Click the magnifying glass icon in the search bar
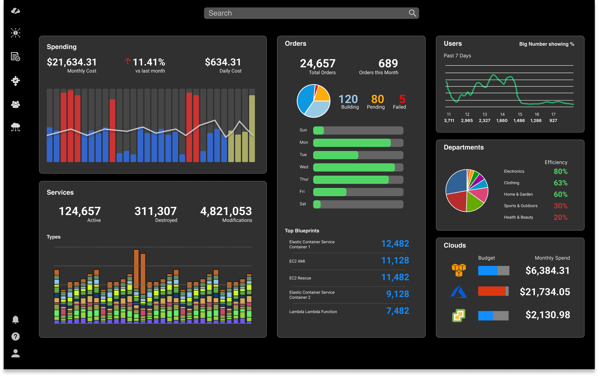click(412, 13)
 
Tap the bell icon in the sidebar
click(15, 320)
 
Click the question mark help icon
click(15, 336)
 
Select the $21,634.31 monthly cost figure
click(72, 62)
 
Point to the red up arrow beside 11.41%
click(127, 61)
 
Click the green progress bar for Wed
click(354, 167)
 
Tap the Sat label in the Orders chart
click(303, 204)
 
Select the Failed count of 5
click(402, 99)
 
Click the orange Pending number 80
click(377, 99)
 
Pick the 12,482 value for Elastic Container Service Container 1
click(395, 244)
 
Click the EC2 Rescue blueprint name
click(300, 278)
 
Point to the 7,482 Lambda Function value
click(397, 311)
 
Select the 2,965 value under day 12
click(467, 120)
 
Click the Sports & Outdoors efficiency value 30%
click(560, 206)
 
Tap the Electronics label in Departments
click(514, 171)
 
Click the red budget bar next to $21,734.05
click(492, 291)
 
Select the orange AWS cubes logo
click(459, 270)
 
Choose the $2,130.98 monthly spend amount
click(548, 315)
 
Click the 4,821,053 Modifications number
click(226, 211)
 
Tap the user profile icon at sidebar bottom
click(15, 353)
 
